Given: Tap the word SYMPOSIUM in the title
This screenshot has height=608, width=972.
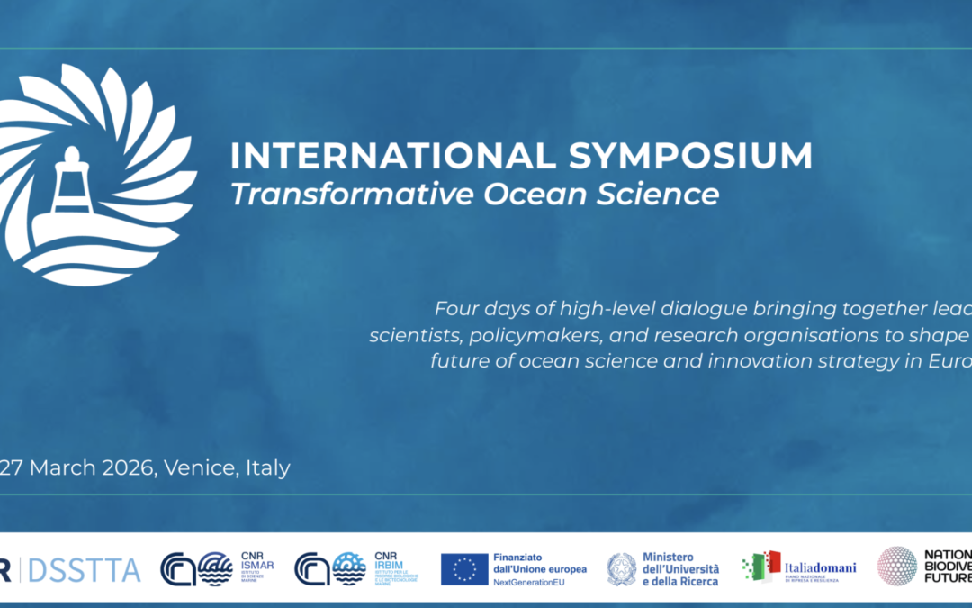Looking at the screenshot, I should [690, 156].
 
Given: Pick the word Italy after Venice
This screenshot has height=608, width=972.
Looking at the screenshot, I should [267, 468].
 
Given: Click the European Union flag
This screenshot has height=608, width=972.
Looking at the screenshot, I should [464, 569].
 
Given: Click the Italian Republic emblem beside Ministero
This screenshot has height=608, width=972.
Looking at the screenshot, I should [621, 569].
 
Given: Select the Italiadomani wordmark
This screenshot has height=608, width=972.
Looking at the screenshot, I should [818, 567].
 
